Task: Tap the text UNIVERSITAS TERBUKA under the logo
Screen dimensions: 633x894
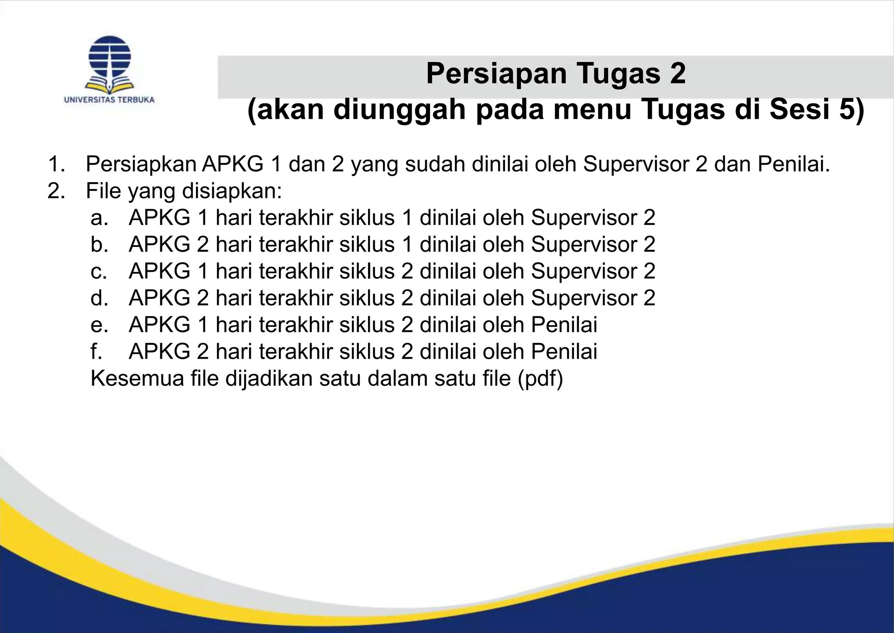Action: tap(109, 100)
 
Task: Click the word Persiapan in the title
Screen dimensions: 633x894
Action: tap(495, 73)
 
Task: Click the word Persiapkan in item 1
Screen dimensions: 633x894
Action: tap(141, 164)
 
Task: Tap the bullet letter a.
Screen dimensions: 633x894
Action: tap(99, 218)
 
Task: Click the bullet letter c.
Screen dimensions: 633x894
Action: tap(99, 271)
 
